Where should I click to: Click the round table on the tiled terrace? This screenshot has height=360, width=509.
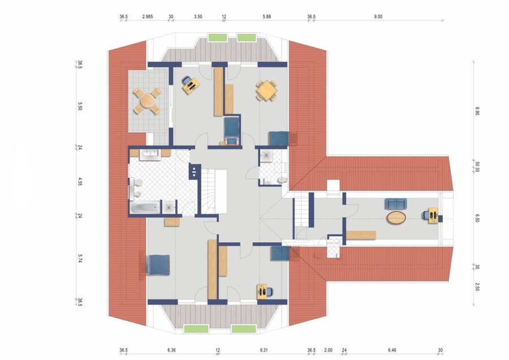tap(146, 101)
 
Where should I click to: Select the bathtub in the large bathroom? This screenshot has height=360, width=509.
tap(145, 207)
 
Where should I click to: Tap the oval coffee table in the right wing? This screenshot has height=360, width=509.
tap(396, 218)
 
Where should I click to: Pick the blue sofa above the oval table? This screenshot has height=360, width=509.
tap(396, 204)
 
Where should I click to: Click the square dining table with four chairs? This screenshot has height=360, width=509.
tap(266, 91)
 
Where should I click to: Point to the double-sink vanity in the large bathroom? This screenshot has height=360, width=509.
tap(150, 155)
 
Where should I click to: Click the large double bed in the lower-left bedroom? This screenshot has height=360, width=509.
tap(158, 265)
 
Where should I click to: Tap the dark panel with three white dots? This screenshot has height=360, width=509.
tap(195, 171)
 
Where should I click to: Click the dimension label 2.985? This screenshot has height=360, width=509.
tap(148, 16)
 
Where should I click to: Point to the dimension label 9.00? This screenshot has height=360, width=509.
tap(378, 16)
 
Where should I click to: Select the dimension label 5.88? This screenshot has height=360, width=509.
tap(266, 16)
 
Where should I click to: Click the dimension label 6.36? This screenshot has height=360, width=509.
tap(171, 350)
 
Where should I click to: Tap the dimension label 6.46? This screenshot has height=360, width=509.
tap(392, 350)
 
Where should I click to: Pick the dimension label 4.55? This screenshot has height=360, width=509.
tap(80, 181)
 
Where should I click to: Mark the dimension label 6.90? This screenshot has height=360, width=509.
tap(477, 111)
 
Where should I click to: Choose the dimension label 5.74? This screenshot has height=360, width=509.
tap(80, 258)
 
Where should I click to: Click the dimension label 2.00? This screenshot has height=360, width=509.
tap(328, 350)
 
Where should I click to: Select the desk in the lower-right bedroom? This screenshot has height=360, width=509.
tap(262, 292)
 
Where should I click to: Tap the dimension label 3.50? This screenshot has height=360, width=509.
tap(198, 16)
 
